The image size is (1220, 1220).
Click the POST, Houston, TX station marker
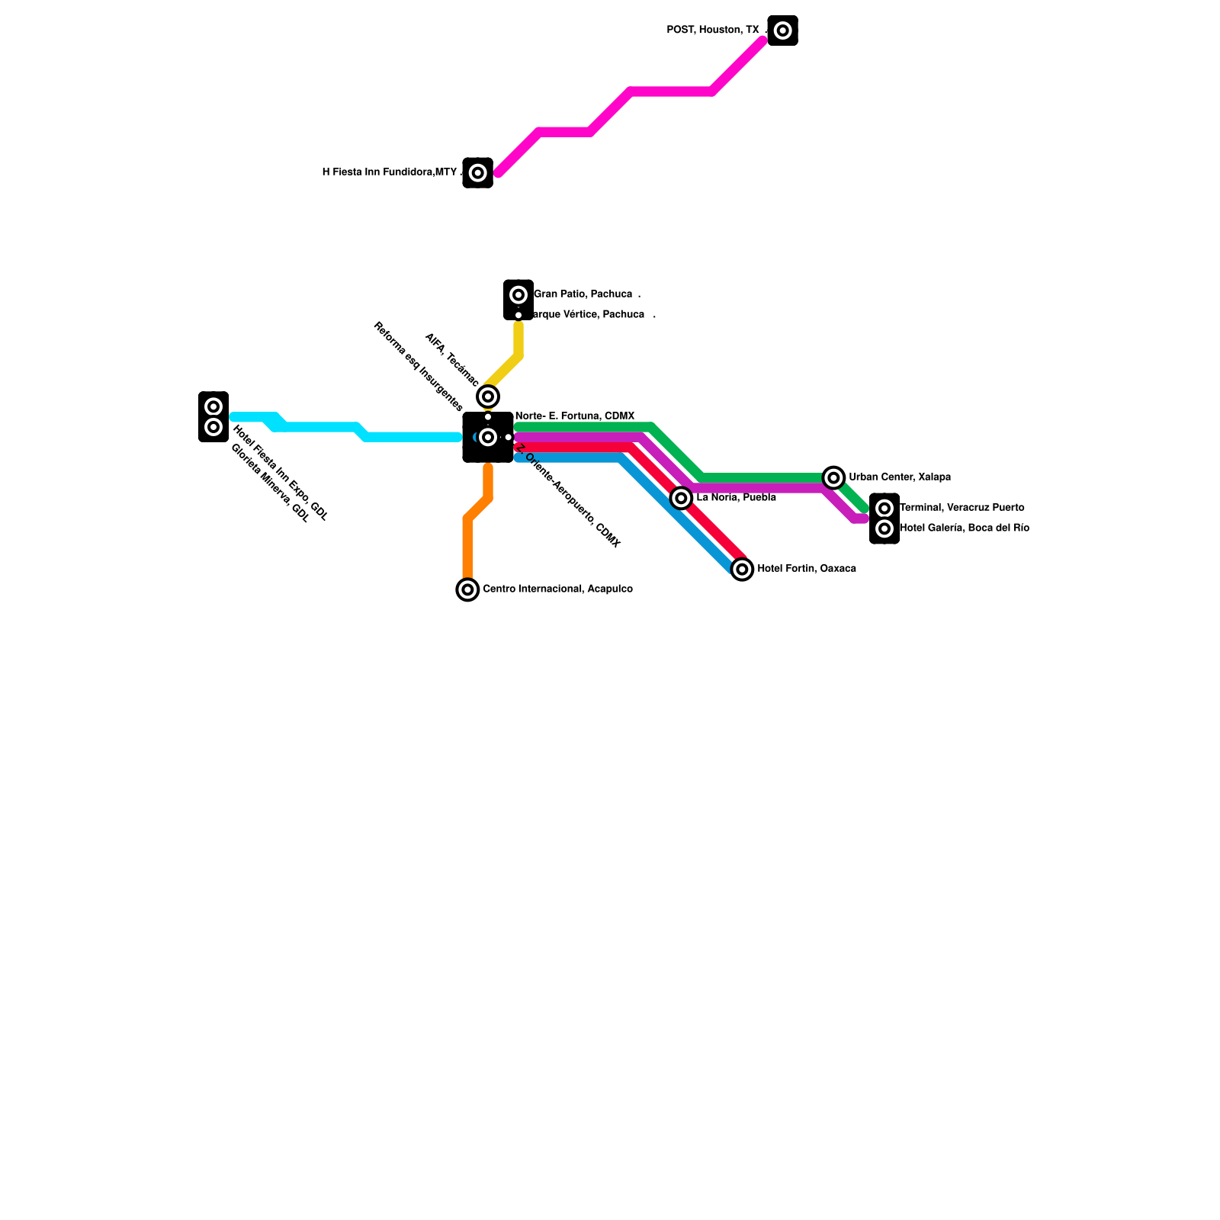pyautogui.click(x=782, y=30)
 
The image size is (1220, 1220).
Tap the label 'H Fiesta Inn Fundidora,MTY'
pyautogui.click(x=389, y=172)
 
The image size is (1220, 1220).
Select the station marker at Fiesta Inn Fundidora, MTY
pyautogui.click(x=477, y=173)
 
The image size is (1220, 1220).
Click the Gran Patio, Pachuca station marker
pyautogui.click(x=518, y=294)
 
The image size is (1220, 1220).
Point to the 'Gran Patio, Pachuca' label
pyautogui.click(x=583, y=294)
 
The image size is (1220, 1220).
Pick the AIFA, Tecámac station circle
pyautogui.click(x=488, y=396)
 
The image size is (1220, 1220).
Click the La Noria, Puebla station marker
pyautogui.click(x=682, y=498)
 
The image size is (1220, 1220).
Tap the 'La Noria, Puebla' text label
pyautogui.click(x=736, y=498)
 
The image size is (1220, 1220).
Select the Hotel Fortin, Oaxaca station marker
pyautogui.click(x=742, y=569)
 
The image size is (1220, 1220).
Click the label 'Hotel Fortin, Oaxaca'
pyautogui.click(x=807, y=569)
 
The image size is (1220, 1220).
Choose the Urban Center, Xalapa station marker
pyautogui.click(x=834, y=477)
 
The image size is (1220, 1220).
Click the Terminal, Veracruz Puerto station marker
pyautogui.click(x=884, y=509)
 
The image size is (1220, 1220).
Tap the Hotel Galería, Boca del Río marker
pyautogui.click(x=884, y=528)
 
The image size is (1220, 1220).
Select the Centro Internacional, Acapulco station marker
pyautogui.click(x=467, y=589)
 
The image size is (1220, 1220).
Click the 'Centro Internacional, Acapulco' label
pyautogui.click(x=557, y=589)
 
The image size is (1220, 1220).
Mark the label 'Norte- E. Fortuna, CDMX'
pyautogui.click(x=575, y=416)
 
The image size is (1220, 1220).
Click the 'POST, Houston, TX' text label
pyautogui.click(x=713, y=30)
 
